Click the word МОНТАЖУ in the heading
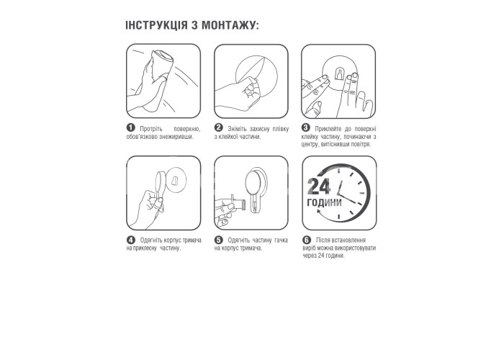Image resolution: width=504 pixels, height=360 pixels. click(230, 25)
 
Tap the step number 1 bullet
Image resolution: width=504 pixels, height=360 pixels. click(130, 128)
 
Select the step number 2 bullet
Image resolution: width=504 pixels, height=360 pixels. click(218, 128)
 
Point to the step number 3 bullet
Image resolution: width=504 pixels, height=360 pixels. click(305, 128)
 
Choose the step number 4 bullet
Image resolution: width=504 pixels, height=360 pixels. click(130, 240)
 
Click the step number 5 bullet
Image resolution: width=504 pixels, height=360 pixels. click(218, 240)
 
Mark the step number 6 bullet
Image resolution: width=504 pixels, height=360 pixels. click(307, 240)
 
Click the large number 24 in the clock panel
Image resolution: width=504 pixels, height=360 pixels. click(318, 186)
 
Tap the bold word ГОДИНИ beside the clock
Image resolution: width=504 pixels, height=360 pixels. click(324, 202)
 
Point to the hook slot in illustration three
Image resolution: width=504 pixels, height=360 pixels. click(338, 73)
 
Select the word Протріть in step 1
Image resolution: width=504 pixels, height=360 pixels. click(151, 129)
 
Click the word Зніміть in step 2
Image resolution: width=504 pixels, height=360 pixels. click(237, 129)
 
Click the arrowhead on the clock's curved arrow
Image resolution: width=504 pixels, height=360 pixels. click(319, 212)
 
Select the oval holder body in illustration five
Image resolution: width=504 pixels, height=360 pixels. click(253, 183)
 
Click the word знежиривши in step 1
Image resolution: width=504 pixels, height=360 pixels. click(176, 137)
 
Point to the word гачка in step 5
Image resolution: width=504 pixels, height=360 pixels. click(281, 240)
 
